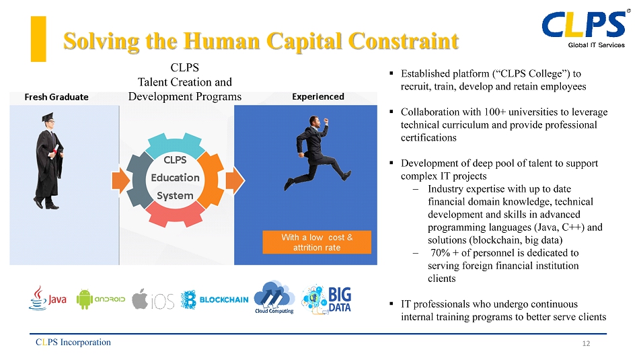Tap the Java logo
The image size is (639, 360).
[48, 299]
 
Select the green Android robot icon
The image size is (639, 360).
[84, 299]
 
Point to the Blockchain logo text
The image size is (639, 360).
[224, 299]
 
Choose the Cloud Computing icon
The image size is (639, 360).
[274, 297]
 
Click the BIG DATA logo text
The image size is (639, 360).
[340, 299]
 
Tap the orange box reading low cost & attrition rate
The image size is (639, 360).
[317, 242]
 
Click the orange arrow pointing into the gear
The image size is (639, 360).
[120, 180]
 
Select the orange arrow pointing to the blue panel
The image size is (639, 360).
[235, 180]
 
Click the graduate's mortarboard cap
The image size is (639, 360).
[48, 117]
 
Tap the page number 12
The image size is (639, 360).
[586, 343]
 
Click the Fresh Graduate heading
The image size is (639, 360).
[57, 97]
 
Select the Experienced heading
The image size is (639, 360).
[318, 97]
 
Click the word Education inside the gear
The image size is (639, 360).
[176, 178]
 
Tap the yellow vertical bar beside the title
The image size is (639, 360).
[38, 39]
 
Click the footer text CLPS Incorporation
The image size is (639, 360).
[73, 342]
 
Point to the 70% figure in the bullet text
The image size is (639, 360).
[440, 253]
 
